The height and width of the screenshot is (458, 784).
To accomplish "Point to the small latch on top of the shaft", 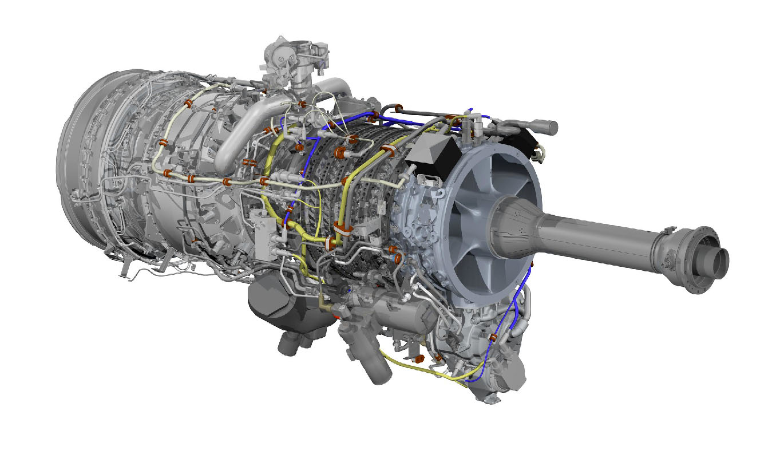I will (x=667, y=231).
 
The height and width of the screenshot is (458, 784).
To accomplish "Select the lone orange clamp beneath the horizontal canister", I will (x=418, y=358).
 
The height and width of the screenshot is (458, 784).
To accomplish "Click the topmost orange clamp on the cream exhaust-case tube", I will (x=189, y=105).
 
